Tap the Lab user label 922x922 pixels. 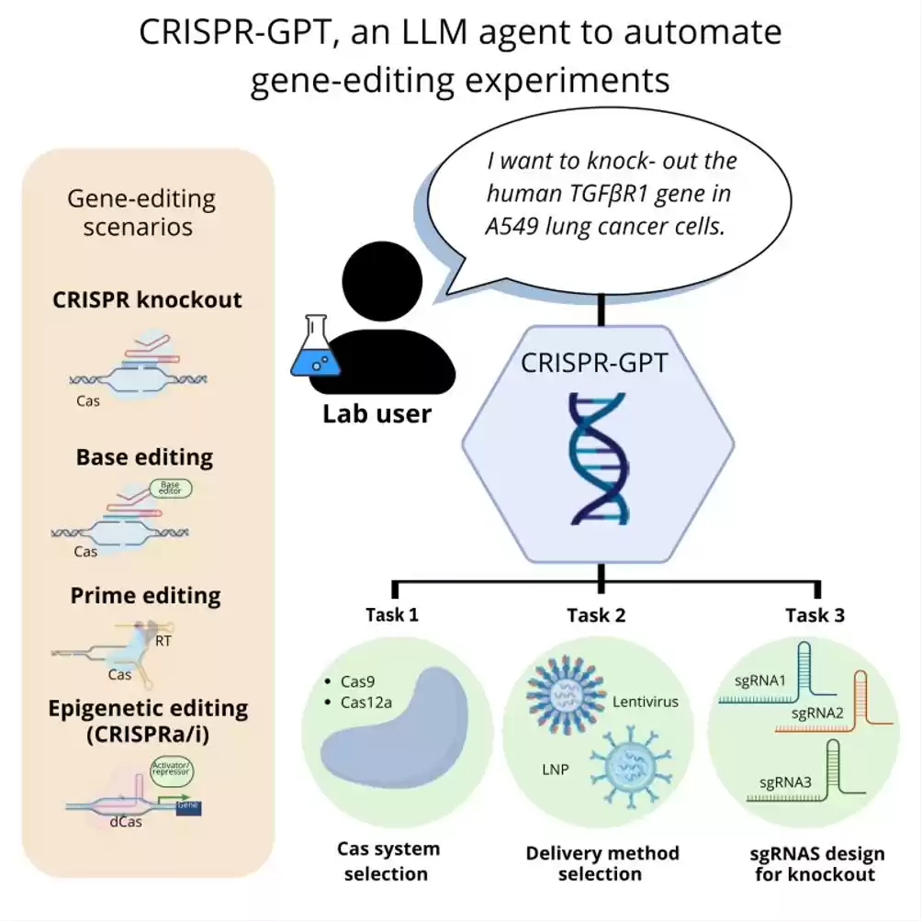click(377, 414)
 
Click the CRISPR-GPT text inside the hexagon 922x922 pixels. click(594, 362)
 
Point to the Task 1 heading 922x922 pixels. click(391, 615)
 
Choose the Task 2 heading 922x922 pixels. click(596, 615)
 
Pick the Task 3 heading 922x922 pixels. click(815, 615)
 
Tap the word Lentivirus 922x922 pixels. click(645, 703)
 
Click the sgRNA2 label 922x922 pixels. click(813, 713)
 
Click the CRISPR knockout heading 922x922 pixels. click(147, 300)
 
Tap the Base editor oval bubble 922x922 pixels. click(171, 489)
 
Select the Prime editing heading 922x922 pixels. click(145, 596)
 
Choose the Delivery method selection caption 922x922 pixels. click(602, 863)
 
